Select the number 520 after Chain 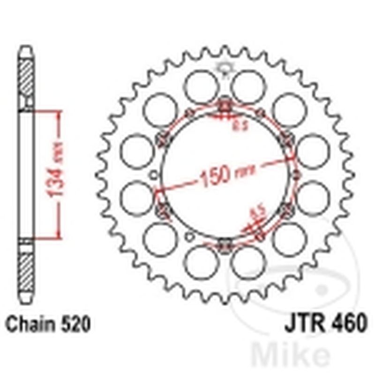(74, 324)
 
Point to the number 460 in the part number (346, 324)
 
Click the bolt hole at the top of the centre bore (225, 106)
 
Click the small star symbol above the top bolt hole (223, 68)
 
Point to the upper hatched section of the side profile (26, 78)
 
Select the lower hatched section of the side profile (26, 272)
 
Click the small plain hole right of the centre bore (296, 175)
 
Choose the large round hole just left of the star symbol (201, 87)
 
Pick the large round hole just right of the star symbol (248, 87)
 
